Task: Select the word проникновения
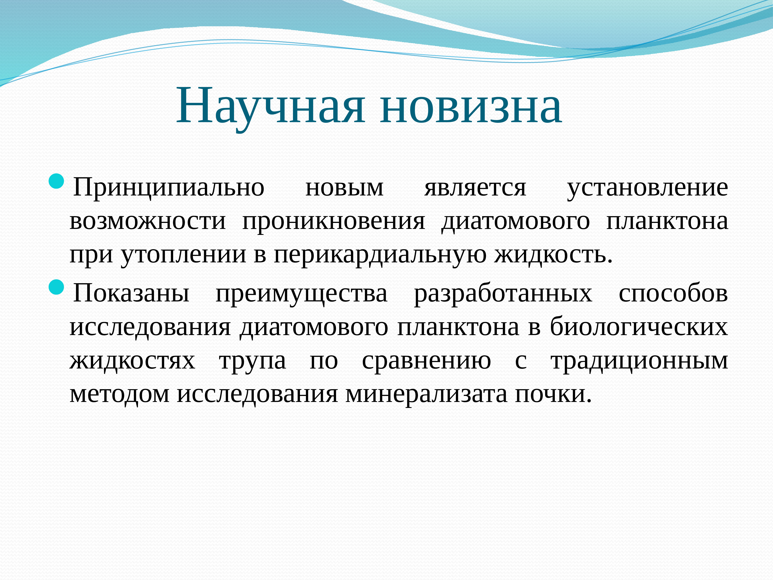point(334,221)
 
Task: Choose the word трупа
point(252,360)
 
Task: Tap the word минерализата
point(426,394)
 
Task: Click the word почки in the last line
point(552,394)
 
